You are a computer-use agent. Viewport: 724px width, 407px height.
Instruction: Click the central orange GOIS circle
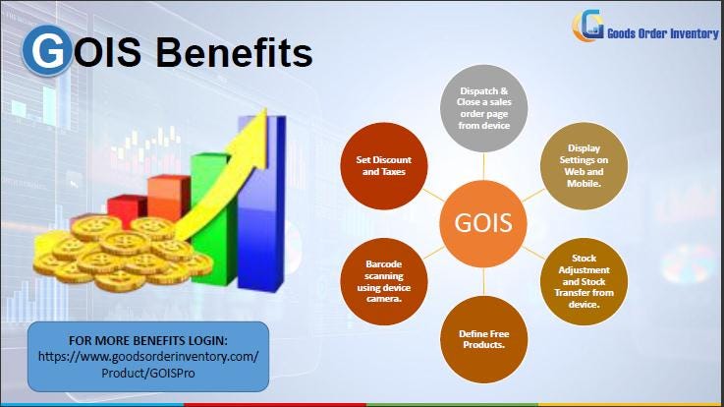point(483,223)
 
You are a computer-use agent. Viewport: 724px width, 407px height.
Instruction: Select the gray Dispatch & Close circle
point(483,108)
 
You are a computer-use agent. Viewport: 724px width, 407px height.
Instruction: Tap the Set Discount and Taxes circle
point(384,166)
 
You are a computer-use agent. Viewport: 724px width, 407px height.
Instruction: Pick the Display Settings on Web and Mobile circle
point(584,166)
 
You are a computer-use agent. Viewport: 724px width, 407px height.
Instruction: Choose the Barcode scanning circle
point(384,281)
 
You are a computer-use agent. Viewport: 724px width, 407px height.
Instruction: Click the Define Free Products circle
point(483,339)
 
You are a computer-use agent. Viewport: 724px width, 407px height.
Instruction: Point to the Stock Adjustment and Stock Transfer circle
point(584,281)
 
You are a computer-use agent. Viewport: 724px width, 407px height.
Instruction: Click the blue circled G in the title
point(47,50)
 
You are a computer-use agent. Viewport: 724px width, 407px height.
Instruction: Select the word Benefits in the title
point(234,52)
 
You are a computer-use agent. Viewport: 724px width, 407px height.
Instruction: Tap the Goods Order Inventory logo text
point(662,33)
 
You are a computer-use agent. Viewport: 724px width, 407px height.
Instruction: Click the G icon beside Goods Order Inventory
point(588,25)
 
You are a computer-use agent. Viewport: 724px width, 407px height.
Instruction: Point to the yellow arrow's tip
point(266,108)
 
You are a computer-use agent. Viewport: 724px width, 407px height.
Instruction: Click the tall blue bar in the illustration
point(261,203)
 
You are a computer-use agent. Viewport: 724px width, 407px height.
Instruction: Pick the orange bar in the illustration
point(169,199)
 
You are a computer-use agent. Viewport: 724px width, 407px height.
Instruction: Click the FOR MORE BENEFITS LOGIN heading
point(148,341)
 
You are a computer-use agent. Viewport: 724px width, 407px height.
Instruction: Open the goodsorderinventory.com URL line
point(148,357)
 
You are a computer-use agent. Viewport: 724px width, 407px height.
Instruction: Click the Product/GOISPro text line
point(148,374)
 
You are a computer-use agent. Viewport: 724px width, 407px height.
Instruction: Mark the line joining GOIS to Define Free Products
point(483,281)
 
